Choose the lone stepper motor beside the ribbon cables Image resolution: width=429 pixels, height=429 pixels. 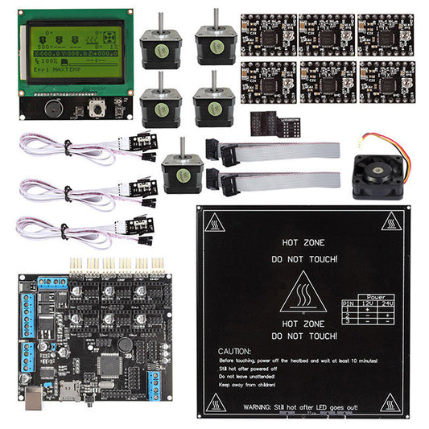point(179,172)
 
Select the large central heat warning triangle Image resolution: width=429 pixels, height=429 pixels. point(303,291)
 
